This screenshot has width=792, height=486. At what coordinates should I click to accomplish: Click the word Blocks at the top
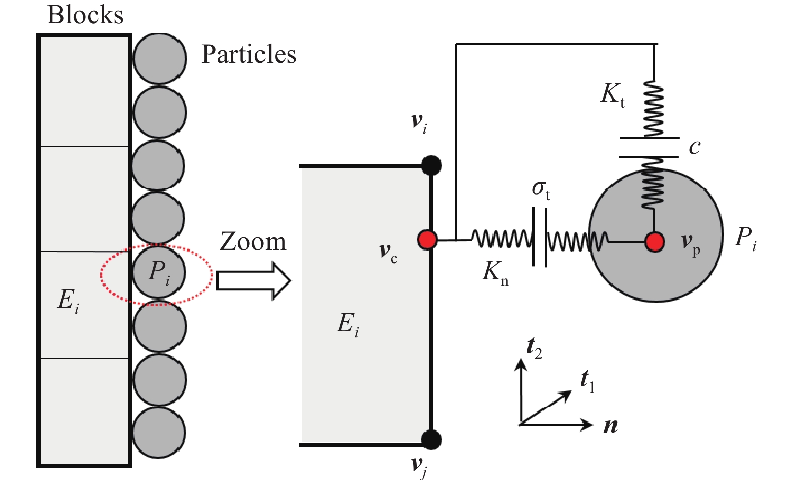click(x=85, y=15)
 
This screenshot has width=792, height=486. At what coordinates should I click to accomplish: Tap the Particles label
click(x=248, y=54)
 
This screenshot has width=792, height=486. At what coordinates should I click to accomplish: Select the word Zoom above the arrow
click(x=253, y=242)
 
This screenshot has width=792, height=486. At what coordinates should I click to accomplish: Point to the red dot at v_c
click(x=427, y=240)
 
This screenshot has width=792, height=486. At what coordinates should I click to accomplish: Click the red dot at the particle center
click(x=655, y=242)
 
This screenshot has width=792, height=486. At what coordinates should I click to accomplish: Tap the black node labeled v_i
click(x=431, y=165)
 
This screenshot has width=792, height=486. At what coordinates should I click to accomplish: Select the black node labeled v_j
click(x=431, y=440)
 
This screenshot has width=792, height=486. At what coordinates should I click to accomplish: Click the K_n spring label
click(x=495, y=273)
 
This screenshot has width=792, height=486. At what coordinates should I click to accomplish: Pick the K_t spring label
click(x=612, y=94)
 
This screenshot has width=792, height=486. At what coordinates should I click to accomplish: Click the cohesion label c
click(x=694, y=147)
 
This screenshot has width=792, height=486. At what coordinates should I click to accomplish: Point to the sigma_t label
click(x=541, y=189)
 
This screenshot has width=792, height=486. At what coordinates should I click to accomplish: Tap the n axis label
click(x=610, y=426)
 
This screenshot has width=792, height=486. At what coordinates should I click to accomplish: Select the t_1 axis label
click(x=587, y=380)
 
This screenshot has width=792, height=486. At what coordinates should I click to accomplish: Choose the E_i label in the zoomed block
click(x=347, y=324)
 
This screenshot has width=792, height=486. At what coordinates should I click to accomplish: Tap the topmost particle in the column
click(x=159, y=58)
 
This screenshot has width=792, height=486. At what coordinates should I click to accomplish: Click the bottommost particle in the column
click(x=159, y=432)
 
